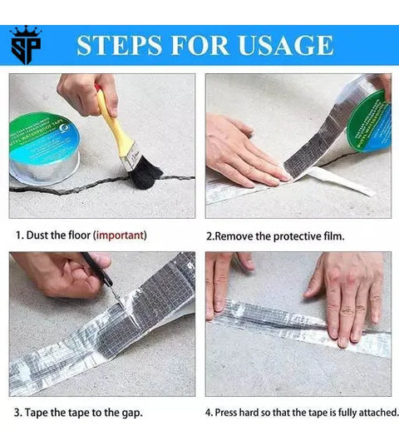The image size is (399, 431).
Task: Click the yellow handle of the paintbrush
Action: click(x=113, y=125)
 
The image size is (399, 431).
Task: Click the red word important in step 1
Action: click(x=120, y=235)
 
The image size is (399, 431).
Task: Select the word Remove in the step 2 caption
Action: click(x=238, y=235)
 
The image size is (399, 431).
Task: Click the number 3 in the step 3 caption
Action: click(x=17, y=412)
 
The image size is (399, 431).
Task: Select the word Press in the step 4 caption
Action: click(x=234, y=412)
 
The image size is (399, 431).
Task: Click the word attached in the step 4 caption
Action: click(x=374, y=412)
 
